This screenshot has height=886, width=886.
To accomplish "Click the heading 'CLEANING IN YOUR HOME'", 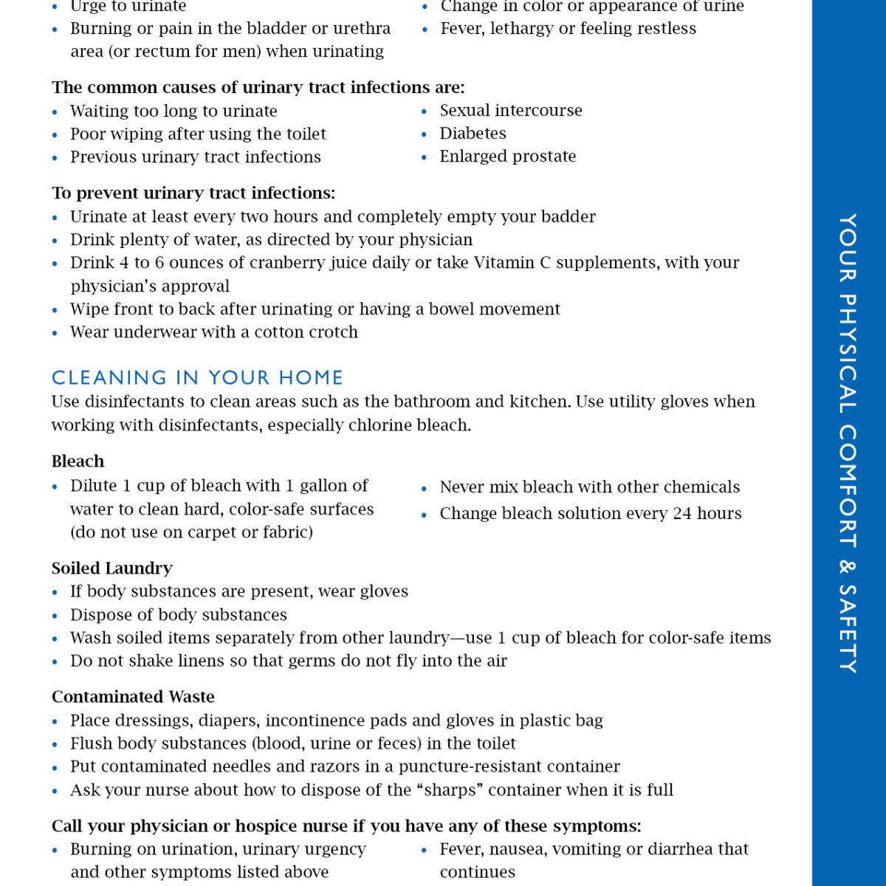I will (197, 377).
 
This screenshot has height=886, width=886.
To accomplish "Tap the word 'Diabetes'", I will (473, 134).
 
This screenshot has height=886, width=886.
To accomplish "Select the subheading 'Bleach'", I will (78, 461).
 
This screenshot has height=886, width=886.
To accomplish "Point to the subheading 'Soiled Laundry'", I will (112, 568).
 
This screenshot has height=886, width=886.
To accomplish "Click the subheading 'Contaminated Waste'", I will (133, 697).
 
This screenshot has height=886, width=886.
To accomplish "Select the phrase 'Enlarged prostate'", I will (507, 157).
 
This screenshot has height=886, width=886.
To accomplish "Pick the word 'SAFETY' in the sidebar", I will (848, 628).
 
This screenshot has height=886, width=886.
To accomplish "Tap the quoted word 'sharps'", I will (453, 790).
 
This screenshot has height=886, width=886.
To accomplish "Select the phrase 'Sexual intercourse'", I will (511, 111).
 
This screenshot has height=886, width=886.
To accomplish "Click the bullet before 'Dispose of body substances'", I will (55, 616).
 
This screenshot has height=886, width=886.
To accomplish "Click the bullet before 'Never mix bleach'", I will (425, 489).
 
